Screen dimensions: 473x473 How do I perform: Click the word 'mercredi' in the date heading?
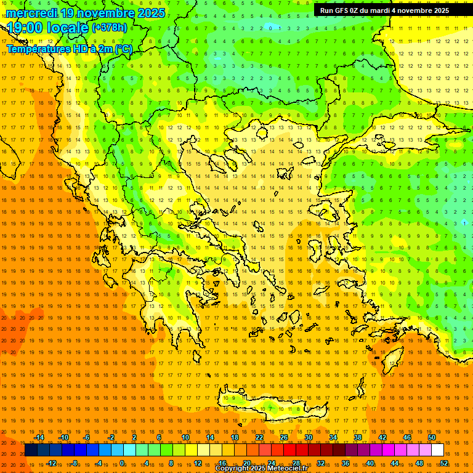pos(32,13)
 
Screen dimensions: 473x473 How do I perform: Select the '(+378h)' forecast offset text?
pos(109,28)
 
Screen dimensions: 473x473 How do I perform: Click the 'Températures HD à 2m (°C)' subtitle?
pos(69,49)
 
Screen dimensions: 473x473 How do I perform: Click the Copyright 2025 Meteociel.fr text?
pos(261,469)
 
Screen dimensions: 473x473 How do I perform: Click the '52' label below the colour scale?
pos(444,463)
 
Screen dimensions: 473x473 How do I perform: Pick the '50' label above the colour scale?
pos(432,437)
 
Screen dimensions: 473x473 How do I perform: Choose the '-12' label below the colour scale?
pos(51,463)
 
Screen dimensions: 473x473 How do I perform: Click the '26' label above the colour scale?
pos(284,437)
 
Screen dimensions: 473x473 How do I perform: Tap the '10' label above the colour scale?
pos(185,437)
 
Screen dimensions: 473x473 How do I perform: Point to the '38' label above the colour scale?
pos(358,437)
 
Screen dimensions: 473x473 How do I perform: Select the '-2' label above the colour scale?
pos(111,437)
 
